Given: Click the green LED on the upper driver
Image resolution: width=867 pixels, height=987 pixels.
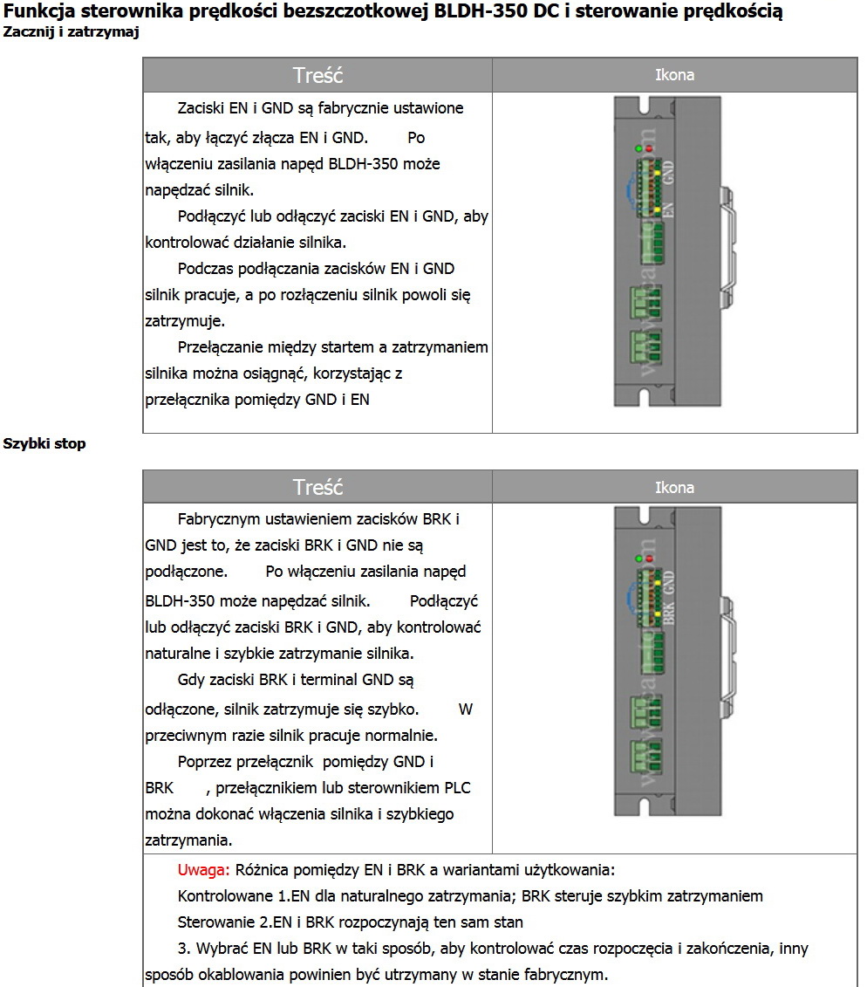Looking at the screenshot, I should tap(639, 148).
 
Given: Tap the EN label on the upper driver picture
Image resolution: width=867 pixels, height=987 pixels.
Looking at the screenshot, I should tap(669, 209).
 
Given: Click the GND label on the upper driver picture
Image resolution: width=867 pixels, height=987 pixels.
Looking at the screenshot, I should tap(669, 169).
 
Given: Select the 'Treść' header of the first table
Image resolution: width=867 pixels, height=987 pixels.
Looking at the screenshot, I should tap(317, 75).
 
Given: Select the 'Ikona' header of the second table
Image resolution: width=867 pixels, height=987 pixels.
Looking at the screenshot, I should tap(674, 488).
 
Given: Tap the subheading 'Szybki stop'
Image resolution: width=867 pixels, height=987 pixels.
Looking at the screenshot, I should tap(44, 443).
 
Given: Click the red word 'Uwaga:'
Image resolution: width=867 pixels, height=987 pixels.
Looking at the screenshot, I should tap(204, 869).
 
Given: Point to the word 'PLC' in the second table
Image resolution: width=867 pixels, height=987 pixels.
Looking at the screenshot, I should tap(458, 788).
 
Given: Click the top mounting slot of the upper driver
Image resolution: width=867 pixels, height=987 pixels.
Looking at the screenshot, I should tap(646, 106).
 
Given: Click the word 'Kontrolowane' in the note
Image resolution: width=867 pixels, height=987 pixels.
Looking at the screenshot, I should tap(224, 896).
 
